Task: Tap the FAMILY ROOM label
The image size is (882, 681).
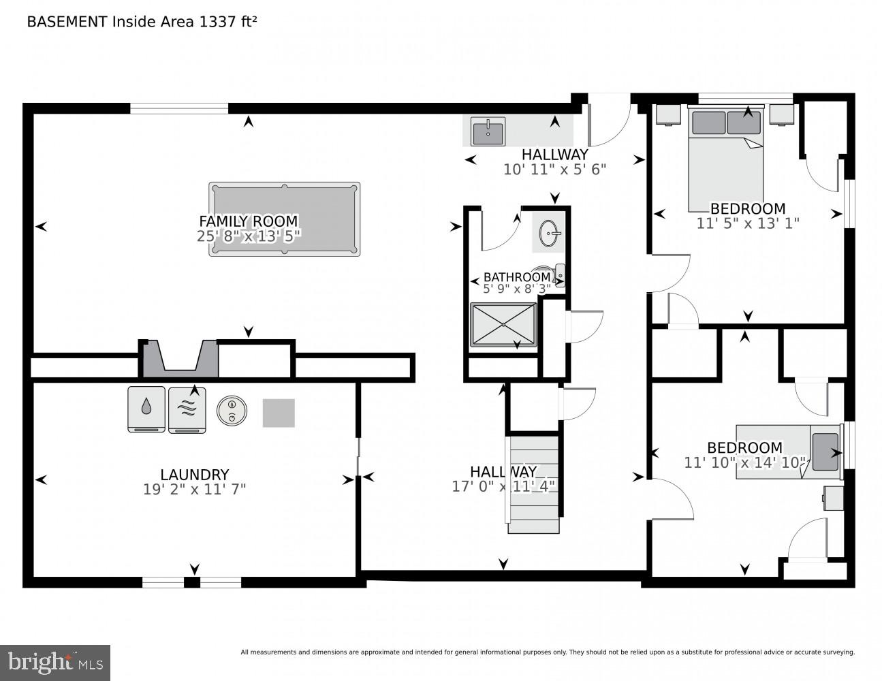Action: (248, 221)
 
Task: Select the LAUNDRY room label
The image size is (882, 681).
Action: (194, 475)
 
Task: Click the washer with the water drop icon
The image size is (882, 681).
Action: (146, 409)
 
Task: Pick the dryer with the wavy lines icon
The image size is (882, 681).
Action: (187, 409)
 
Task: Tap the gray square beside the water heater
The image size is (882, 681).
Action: (279, 413)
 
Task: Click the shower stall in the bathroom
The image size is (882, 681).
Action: (503, 324)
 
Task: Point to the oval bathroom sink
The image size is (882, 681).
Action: (550, 235)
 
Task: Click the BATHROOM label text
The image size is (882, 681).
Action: (516, 277)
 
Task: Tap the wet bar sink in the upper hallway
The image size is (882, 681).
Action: (488, 131)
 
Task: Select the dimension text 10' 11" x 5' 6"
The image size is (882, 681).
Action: (554, 170)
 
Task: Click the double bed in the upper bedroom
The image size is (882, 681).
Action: (725, 163)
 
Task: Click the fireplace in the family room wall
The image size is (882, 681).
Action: (180, 359)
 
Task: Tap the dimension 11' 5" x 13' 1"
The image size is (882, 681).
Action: (747, 223)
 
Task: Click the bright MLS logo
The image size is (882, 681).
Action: (55, 661)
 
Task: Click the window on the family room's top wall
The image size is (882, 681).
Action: (179, 108)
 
